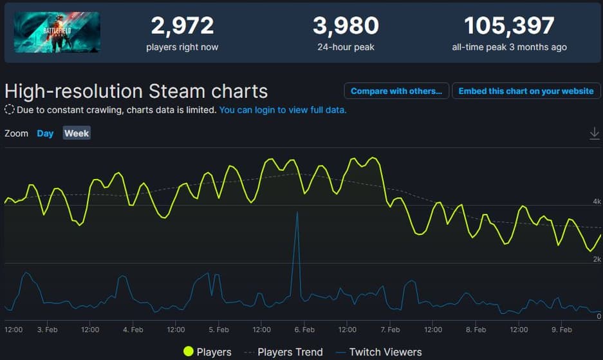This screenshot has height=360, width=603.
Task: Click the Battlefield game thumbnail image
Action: coord(57,32)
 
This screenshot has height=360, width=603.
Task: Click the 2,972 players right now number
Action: coord(182,26)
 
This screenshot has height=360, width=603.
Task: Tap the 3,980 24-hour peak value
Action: coord(346,26)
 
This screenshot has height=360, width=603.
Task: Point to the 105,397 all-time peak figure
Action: coord(509,26)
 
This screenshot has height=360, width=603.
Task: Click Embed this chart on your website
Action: coord(526,91)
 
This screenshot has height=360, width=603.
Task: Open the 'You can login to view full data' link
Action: coord(283,110)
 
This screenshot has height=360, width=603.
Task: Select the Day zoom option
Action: coord(45,133)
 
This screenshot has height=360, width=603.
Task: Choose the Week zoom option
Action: coord(77,133)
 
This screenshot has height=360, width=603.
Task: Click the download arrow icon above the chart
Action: coord(594,133)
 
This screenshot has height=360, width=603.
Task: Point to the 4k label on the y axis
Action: coord(597,202)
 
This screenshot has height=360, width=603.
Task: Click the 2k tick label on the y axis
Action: coord(597,259)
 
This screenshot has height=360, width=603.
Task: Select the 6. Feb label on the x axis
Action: coord(304,329)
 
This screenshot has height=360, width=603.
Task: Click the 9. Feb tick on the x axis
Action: coord(562,329)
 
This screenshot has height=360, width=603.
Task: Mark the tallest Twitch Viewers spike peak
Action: coord(297,213)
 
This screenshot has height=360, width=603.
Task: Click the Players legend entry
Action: coord(207,352)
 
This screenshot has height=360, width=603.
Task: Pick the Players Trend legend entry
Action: coord(283,352)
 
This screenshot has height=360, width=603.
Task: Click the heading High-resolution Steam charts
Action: coord(136,91)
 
